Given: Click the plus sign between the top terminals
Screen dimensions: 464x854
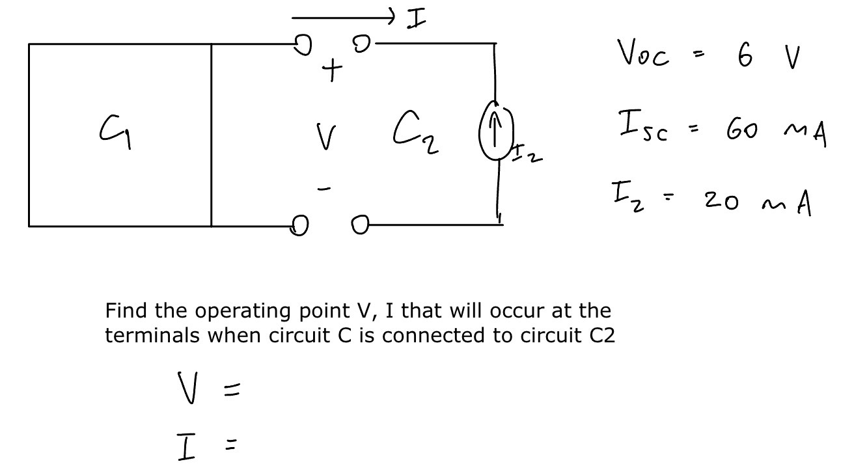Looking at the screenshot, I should pyautogui.click(x=332, y=69).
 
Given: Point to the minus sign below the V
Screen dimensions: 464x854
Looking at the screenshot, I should pyautogui.click(x=324, y=189).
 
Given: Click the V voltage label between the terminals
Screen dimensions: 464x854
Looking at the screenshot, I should pyautogui.click(x=325, y=137).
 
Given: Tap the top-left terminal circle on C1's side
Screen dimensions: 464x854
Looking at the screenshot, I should pyautogui.click(x=302, y=45).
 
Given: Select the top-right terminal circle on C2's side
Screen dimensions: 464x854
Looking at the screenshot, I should pyautogui.click(x=361, y=44).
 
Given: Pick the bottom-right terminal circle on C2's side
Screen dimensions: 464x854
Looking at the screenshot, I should pyautogui.click(x=360, y=225).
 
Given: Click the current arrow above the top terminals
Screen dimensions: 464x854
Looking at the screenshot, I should pyautogui.click(x=343, y=16).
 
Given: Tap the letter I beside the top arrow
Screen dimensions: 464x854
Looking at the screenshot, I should pyautogui.click(x=417, y=19).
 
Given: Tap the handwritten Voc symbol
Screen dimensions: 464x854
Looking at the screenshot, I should pyautogui.click(x=642, y=55).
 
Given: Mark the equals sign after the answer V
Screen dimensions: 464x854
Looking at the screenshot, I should pyautogui.click(x=232, y=390).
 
